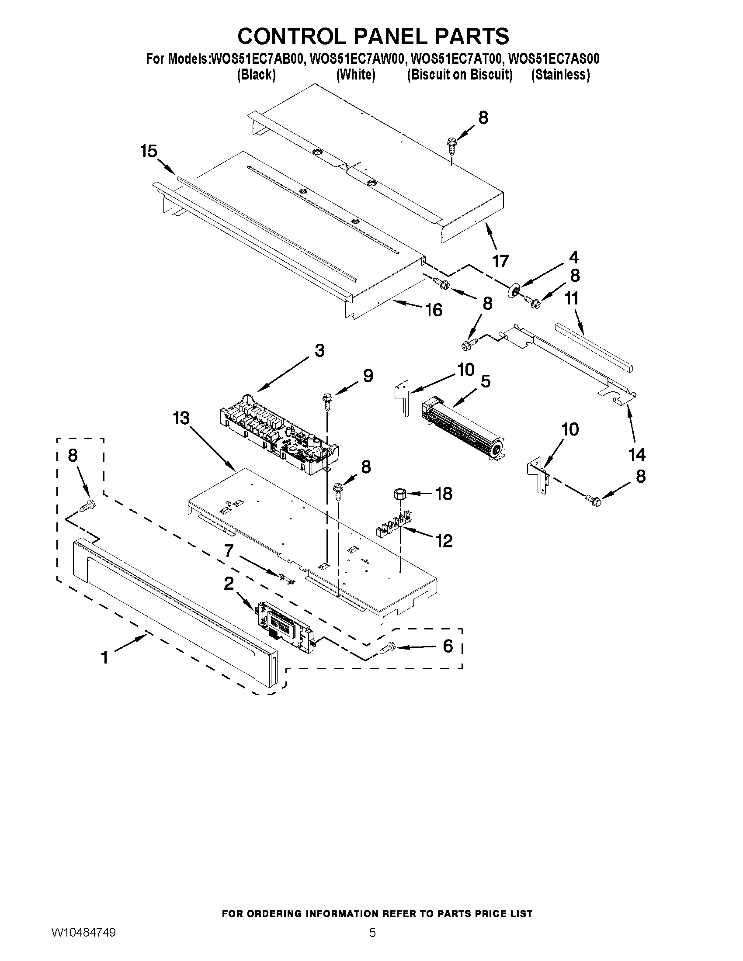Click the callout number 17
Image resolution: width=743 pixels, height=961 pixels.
point(500,261)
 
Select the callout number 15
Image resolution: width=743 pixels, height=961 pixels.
point(149,152)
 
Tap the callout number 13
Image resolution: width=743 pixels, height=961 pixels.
point(181,418)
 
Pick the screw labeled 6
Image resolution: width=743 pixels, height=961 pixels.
point(386,647)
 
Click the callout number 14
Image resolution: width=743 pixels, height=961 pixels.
point(637,455)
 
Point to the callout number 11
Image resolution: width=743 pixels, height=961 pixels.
point(572,299)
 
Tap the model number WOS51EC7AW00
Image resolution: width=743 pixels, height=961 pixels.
point(356,59)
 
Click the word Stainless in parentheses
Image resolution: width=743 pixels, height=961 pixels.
point(560,75)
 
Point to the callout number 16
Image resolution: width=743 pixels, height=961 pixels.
point(434,310)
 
